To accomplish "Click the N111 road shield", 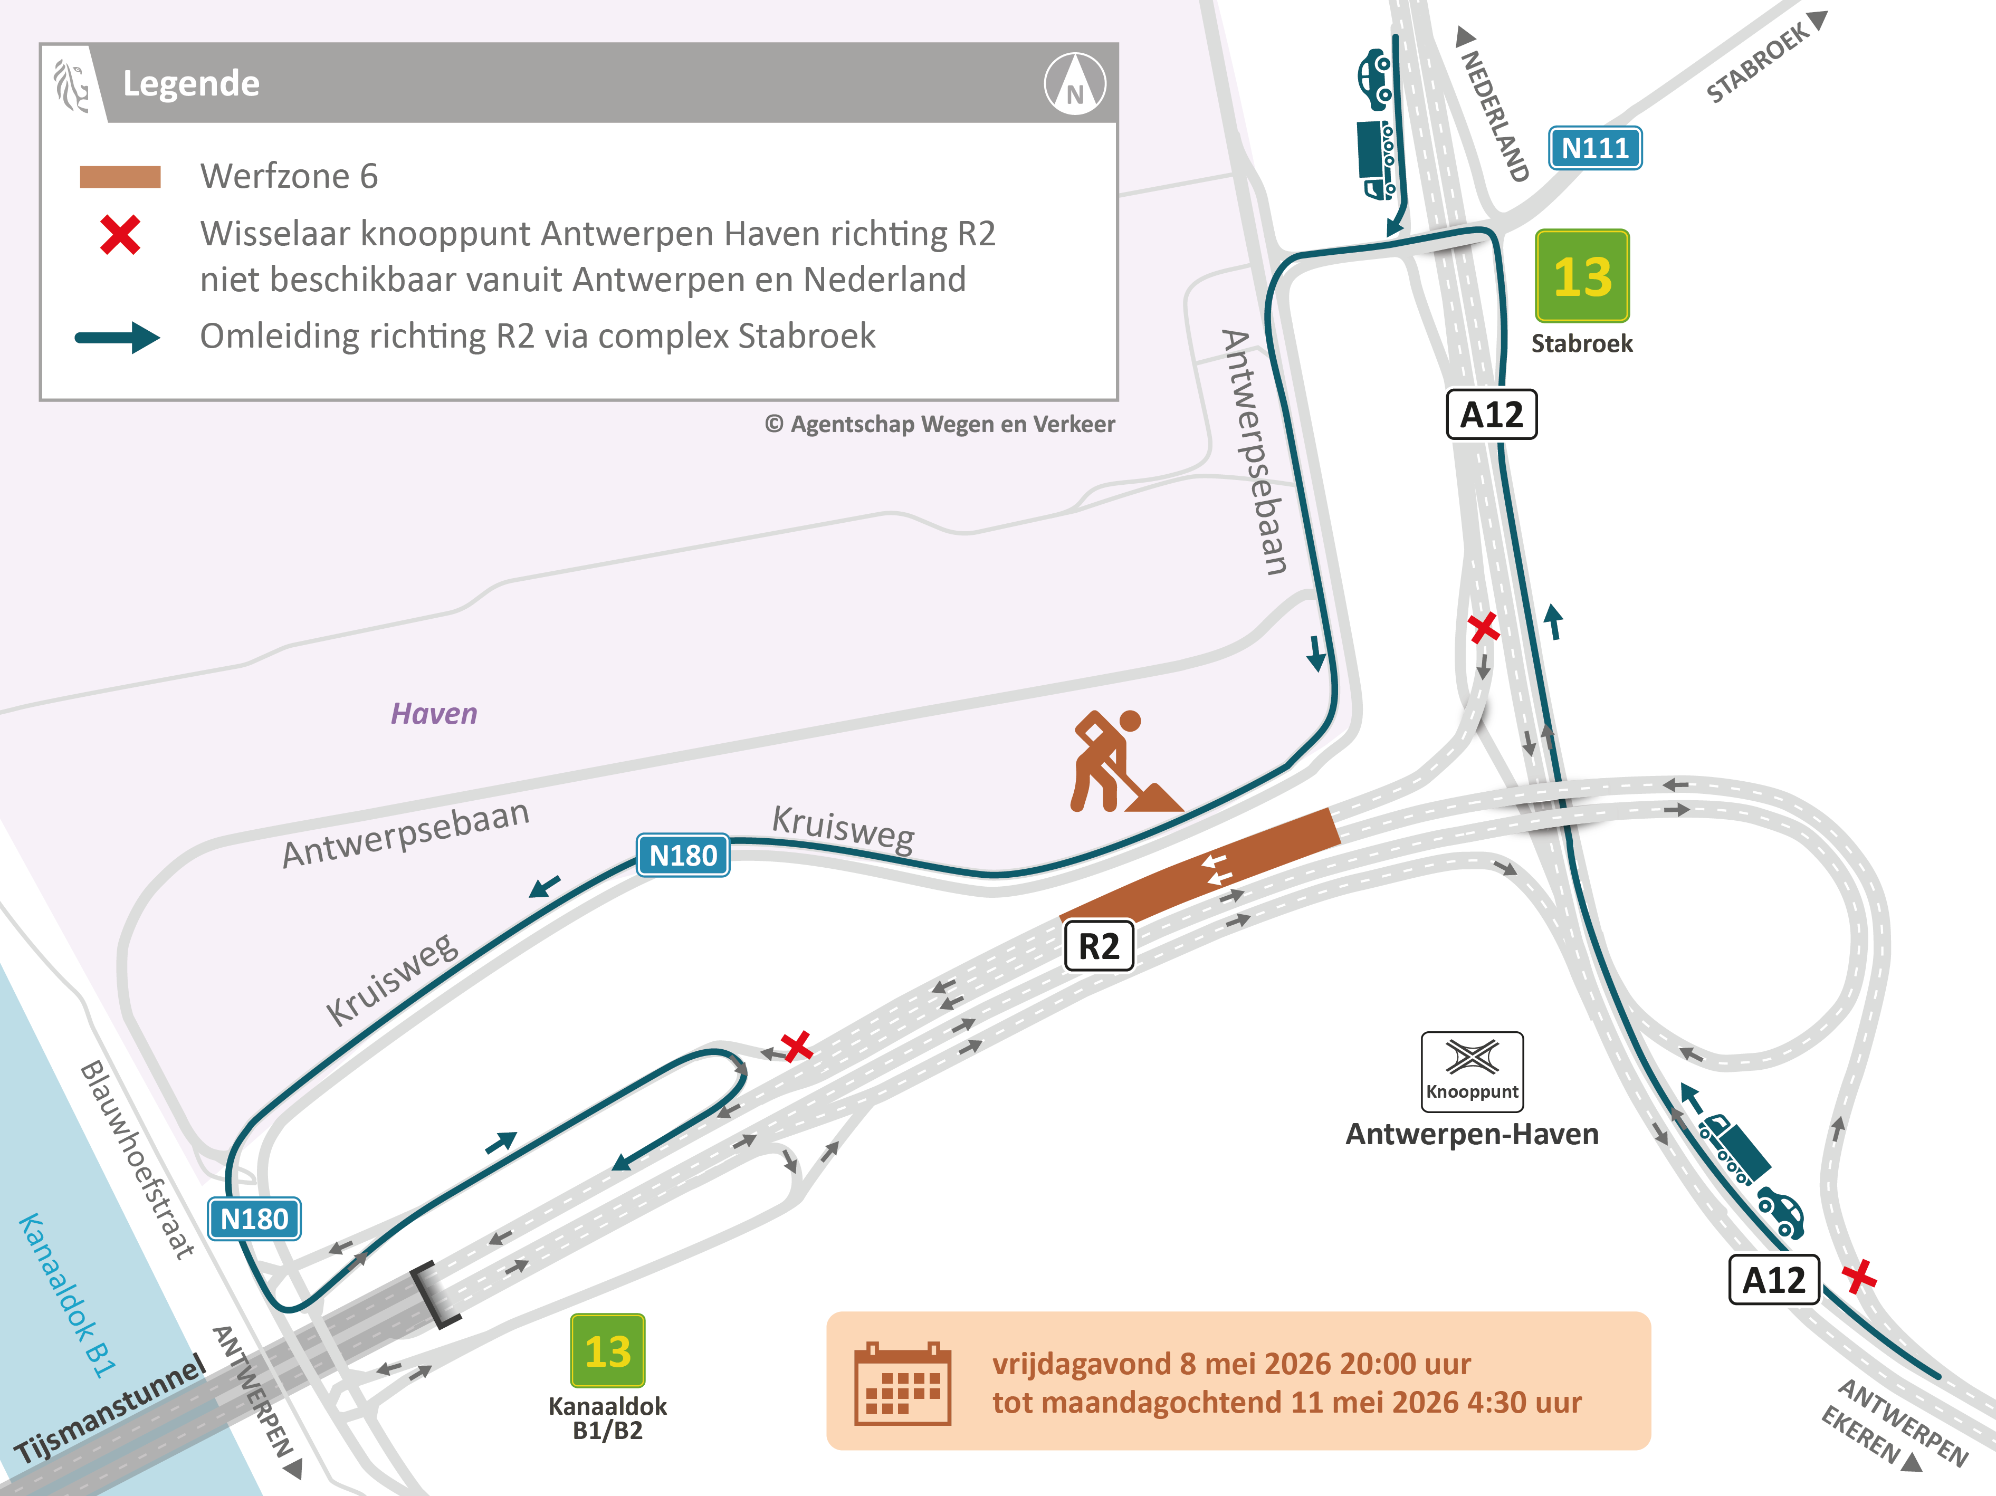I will [1594, 148].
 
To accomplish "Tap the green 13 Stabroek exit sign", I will [1582, 276].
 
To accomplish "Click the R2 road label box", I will [1098, 946].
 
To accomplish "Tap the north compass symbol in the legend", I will [1075, 84].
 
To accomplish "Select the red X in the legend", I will [120, 235].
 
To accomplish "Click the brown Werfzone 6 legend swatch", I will [120, 177].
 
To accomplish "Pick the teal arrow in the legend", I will [117, 338].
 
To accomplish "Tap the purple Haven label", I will [433, 714].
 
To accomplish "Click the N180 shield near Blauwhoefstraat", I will [254, 1219].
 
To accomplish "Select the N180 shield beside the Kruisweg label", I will [682, 855].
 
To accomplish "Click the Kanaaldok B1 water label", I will [67, 1295].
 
